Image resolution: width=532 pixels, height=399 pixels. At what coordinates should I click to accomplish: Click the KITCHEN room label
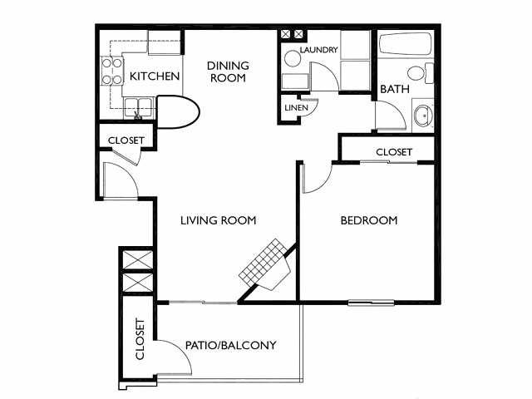click(x=155, y=77)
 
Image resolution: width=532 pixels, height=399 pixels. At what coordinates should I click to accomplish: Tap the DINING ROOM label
click(x=227, y=71)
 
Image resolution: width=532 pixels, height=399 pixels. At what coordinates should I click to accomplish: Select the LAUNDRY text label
click(x=319, y=50)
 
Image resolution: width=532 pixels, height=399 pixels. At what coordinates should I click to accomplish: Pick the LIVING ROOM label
click(x=218, y=220)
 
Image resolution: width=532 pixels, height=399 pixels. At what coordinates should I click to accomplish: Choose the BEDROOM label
click(x=369, y=220)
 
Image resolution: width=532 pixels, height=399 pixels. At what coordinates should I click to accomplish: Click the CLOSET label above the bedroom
click(x=394, y=152)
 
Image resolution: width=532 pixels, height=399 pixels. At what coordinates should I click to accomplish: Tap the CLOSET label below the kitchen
click(x=126, y=140)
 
